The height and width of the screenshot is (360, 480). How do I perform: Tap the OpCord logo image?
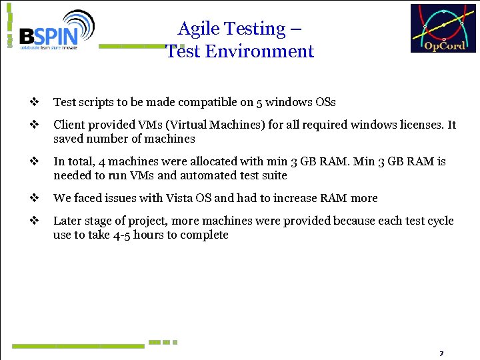click(x=443, y=29)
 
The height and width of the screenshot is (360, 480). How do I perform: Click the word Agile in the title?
click(x=198, y=29)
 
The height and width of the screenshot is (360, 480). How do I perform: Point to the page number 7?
click(x=441, y=353)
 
